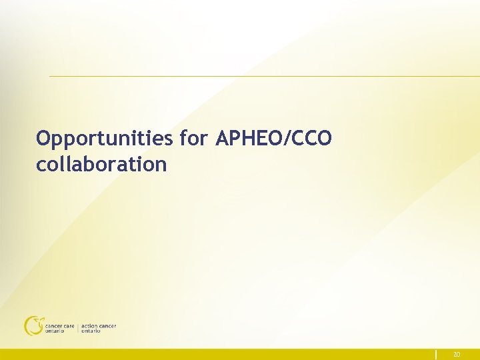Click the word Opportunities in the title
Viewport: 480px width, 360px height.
pyautogui.click(x=105, y=139)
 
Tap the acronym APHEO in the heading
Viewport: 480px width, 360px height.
pyautogui.click(x=249, y=139)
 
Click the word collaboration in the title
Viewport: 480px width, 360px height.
pyautogui.click(x=101, y=164)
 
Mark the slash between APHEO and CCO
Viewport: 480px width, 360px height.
pyautogui.click(x=287, y=139)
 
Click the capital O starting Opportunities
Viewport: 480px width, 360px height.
pyautogui.click(x=44, y=139)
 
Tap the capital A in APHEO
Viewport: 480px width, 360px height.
pyautogui.click(x=223, y=139)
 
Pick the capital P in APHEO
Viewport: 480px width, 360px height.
pyautogui.click(x=235, y=139)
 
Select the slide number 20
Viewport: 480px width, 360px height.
pyautogui.click(x=457, y=355)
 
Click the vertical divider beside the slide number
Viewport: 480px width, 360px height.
pyautogui.click(x=437, y=354)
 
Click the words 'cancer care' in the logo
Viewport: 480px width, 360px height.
pyautogui.click(x=59, y=326)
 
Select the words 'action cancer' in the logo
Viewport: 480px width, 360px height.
pyautogui.click(x=98, y=326)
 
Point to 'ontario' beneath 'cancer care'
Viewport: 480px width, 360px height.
pyautogui.click(x=55, y=331)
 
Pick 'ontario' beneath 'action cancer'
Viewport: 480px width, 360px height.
pyautogui.click(x=91, y=331)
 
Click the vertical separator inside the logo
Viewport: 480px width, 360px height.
pyautogui.click(x=77, y=328)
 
